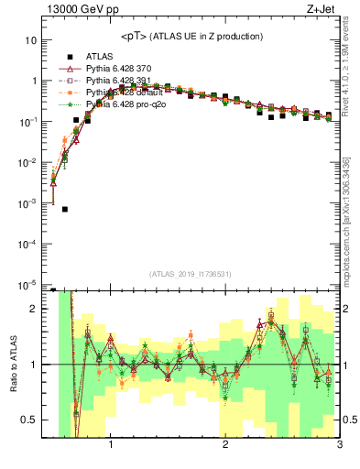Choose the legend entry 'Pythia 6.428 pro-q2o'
[125, 105]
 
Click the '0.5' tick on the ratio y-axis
[28, 420]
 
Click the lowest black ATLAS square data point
[65, 209]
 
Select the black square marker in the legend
[65, 55]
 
